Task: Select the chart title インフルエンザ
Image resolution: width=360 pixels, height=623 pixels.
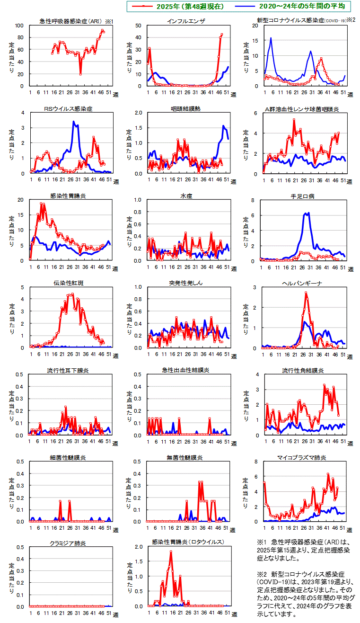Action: coord(186,22)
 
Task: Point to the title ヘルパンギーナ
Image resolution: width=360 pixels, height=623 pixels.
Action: coord(303,283)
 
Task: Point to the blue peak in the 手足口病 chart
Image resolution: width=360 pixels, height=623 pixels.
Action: coord(308,213)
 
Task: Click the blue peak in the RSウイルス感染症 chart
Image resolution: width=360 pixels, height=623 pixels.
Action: coord(73,122)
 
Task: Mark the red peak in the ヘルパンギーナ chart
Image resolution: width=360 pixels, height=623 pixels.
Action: coord(306,293)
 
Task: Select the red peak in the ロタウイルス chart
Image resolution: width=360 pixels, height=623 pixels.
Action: coord(171,552)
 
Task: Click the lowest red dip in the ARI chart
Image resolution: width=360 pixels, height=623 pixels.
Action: coord(80,74)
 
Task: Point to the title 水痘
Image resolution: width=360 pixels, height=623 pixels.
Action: coord(186,196)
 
